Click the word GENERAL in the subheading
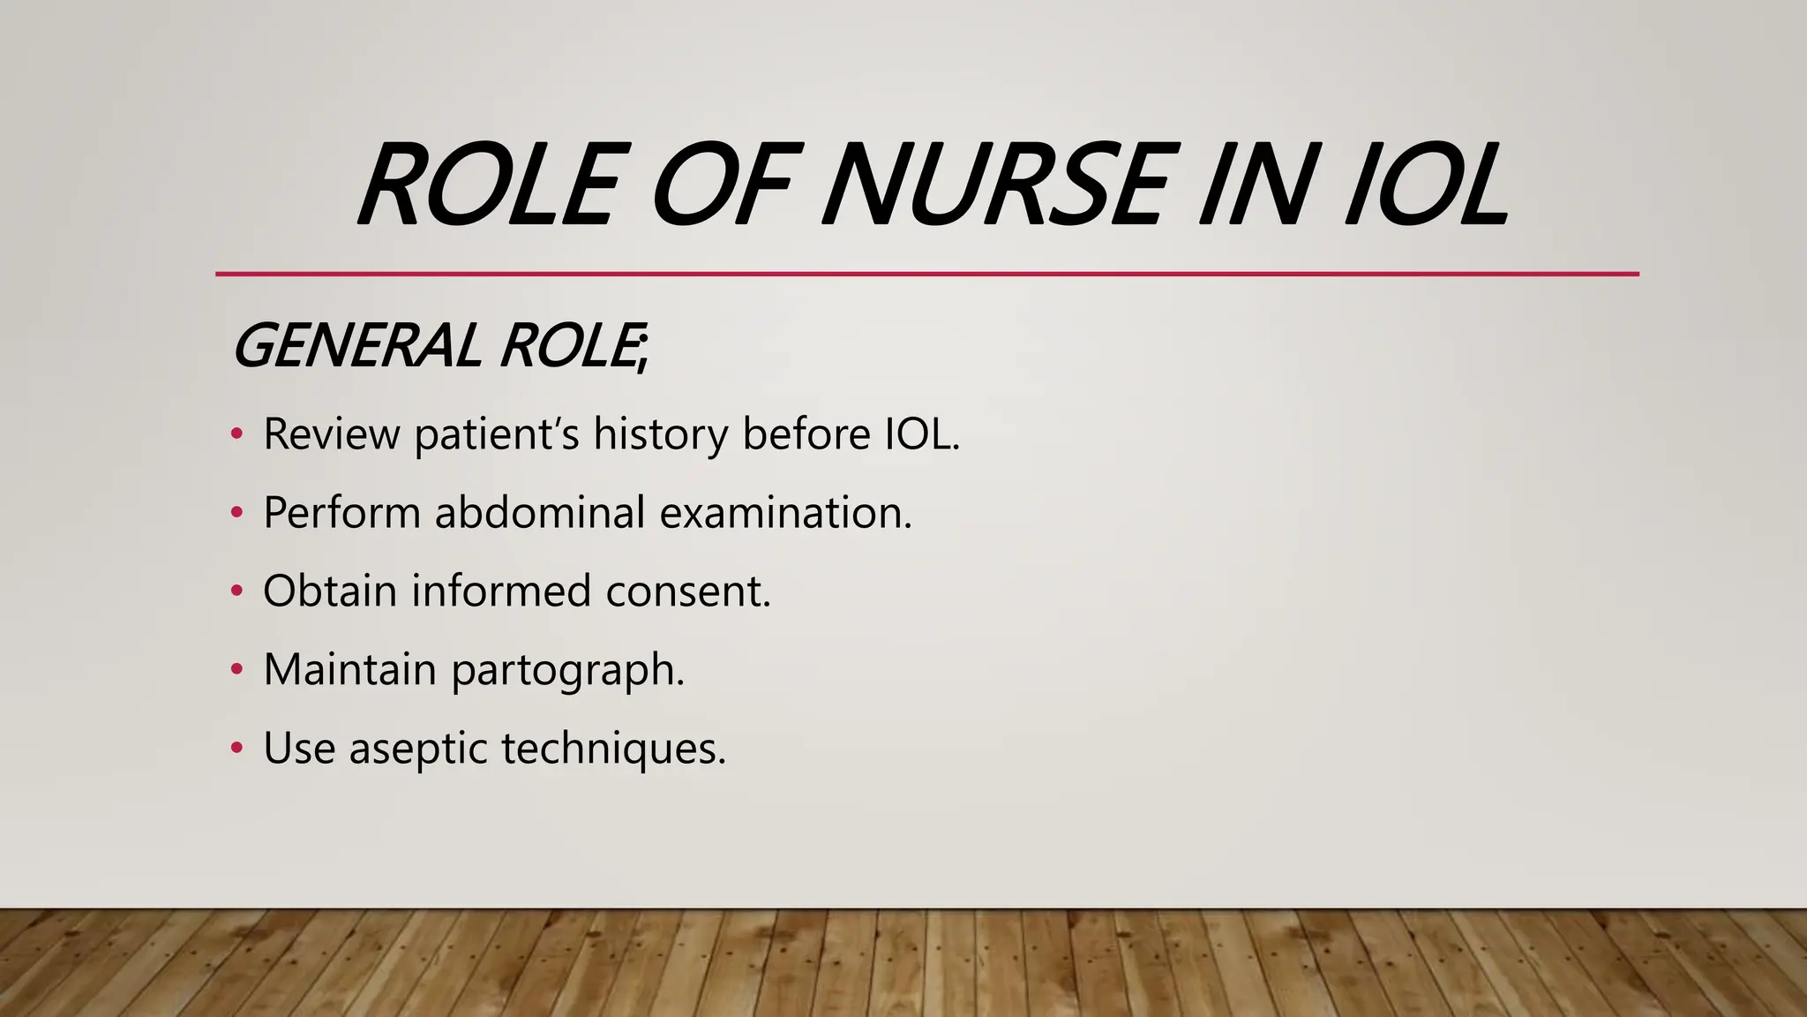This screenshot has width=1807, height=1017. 356,345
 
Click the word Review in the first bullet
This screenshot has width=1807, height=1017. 331,434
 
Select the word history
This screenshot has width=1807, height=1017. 661,434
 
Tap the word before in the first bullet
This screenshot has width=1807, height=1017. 806,434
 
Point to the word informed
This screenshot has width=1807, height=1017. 501,591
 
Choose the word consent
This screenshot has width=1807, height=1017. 688,591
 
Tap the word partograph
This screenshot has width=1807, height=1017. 567,671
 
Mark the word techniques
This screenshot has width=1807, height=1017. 613,750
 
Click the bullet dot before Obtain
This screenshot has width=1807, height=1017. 236,591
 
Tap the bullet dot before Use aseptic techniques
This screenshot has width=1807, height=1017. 236,749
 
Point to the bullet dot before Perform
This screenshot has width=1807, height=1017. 236,513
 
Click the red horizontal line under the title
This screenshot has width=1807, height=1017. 926,275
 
